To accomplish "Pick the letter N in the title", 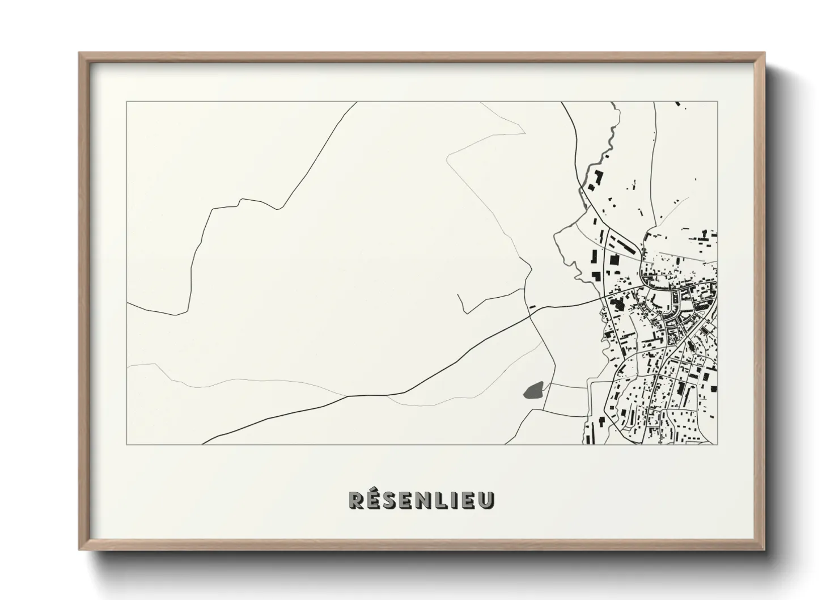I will (430, 500).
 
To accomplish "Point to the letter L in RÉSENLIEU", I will (448, 500).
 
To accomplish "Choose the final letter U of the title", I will (488, 500).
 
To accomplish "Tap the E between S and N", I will (412, 500).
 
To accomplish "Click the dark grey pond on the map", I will (535, 390).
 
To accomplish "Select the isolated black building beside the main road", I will (532, 306).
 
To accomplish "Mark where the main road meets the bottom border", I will (204, 444).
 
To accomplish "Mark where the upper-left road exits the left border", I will (128, 303).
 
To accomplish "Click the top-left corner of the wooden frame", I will (79, 53).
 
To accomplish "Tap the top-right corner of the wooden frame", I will (765, 53).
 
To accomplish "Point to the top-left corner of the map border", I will (127, 102).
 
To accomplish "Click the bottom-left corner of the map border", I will (127, 444).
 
